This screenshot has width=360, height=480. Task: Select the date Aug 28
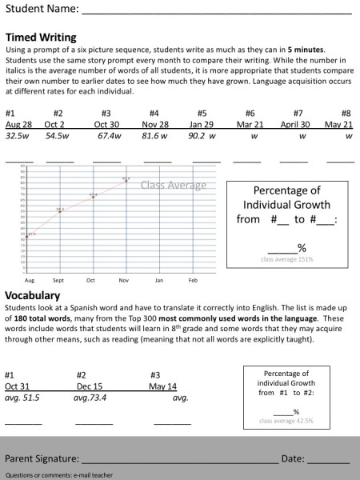pos(18,125)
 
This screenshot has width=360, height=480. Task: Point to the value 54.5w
pos(57,136)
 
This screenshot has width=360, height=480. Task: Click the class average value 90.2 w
pos(202,136)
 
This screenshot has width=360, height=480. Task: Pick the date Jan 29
pos(202,125)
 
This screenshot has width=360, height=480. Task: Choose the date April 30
pos(295,125)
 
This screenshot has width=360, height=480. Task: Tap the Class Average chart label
pos(174,186)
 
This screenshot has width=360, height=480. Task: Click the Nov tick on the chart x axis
pos(123,281)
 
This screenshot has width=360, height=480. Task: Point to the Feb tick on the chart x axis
pos(193,281)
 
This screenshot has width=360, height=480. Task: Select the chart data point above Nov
pos(126,180)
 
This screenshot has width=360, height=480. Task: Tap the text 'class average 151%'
pos(286,259)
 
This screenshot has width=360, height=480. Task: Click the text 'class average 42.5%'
pos(286,420)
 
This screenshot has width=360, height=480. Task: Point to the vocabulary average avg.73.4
pos(90,397)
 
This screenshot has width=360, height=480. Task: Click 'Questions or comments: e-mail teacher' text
pos(58,474)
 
